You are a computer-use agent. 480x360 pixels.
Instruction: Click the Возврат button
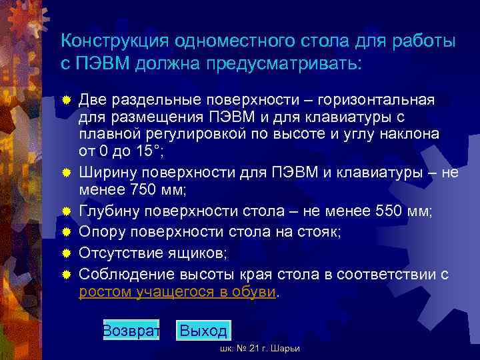point(131,330)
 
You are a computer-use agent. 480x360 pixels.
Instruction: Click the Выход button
point(203,330)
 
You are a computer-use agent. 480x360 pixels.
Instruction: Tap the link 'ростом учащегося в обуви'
point(177,291)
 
